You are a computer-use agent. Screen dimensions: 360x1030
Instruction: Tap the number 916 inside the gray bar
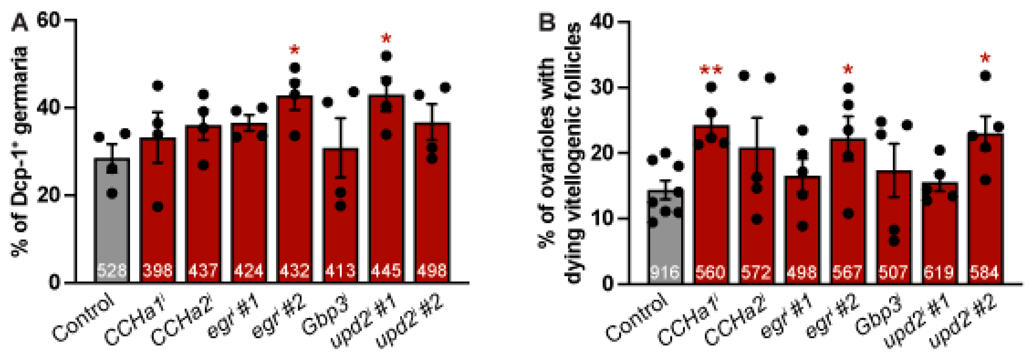coord(664,272)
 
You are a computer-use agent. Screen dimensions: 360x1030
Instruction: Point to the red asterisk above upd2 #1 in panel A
coord(386,39)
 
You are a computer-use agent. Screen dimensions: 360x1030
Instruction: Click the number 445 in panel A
coord(386,271)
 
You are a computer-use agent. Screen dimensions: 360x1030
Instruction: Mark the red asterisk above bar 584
coord(985,59)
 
